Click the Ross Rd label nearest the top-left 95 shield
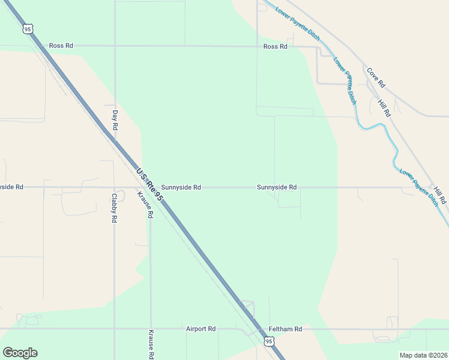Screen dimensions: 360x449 pyautogui.click(x=61, y=46)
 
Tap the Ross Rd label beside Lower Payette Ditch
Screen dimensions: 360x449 pyautogui.click(x=275, y=46)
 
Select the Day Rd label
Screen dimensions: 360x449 pyautogui.click(x=115, y=120)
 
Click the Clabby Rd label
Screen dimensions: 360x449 pyautogui.click(x=113, y=208)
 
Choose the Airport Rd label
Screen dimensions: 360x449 pyautogui.click(x=200, y=329)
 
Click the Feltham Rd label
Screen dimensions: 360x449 pyautogui.click(x=285, y=329)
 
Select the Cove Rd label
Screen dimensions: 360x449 pyautogui.click(x=376, y=76)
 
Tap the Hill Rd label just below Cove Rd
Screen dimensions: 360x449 pyautogui.click(x=384, y=106)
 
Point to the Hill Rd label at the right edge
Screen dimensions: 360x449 pyautogui.click(x=440, y=194)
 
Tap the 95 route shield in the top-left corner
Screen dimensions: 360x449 pyautogui.click(x=27, y=29)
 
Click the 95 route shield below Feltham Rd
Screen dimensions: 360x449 pyautogui.click(x=268, y=341)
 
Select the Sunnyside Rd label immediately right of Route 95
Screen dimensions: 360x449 pyautogui.click(x=181, y=187)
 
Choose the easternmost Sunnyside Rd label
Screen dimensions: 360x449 pyautogui.click(x=277, y=187)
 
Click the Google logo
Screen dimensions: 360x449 pyautogui.click(x=20, y=353)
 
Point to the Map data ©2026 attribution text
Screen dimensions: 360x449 pyautogui.click(x=423, y=355)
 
